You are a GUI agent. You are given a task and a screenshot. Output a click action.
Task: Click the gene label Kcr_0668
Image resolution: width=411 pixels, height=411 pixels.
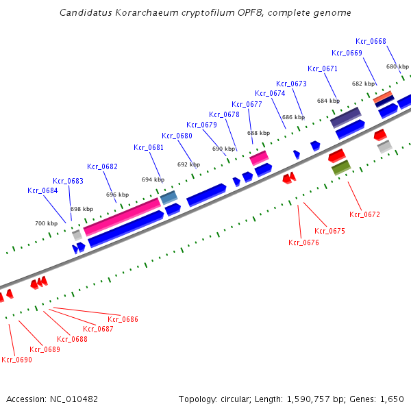pyautogui.click(x=371, y=41)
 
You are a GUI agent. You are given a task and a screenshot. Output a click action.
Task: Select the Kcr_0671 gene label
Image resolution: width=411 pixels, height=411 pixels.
pyautogui.click(x=323, y=68)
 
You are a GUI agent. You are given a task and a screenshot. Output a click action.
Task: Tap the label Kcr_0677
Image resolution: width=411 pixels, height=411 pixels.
pyautogui.click(x=247, y=104)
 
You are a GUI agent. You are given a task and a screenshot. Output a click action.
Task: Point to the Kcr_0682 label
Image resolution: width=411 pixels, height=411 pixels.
pyautogui.click(x=102, y=166)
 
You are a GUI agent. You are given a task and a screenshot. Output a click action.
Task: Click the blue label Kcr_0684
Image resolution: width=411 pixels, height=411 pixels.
pyautogui.click(x=42, y=190)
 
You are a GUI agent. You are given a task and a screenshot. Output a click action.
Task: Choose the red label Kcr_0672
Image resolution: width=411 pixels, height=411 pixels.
pyautogui.click(x=364, y=214)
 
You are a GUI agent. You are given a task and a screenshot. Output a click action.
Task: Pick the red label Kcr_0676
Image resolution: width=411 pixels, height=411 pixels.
pyautogui.click(x=303, y=242)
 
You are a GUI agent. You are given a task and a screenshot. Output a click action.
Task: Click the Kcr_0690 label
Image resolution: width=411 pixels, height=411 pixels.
pyautogui.click(x=16, y=360)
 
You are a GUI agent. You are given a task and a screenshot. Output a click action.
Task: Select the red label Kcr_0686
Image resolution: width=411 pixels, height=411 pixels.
pyautogui.click(x=123, y=319)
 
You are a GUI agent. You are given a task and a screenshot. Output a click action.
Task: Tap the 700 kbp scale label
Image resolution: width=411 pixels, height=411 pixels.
pyautogui.click(x=46, y=223)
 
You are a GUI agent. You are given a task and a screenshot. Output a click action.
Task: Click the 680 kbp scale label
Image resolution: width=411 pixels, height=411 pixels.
pyautogui.click(x=397, y=66)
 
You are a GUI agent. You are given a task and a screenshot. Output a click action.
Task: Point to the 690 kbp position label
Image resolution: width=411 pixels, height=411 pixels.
pyautogui.click(x=223, y=149)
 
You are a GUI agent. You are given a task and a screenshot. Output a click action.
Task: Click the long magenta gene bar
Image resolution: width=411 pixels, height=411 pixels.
pyautogui.click(x=121, y=216)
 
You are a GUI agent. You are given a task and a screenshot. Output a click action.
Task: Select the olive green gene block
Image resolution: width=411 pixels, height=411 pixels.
pyautogui.click(x=340, y=166)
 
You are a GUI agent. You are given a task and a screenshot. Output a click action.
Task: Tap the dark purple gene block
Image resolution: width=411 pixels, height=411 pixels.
pyautogui.click(x=346, y=117)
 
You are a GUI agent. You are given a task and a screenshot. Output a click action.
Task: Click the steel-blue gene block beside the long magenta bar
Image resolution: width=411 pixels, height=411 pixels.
pyautogui.click(x=169, y=198)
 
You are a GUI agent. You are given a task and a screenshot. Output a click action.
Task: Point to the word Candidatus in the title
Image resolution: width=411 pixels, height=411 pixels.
pyautogui.click(x=82, y=12)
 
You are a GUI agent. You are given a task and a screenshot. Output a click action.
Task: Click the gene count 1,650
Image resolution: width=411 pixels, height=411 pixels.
pyautogui.click(x=393, y=399)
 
